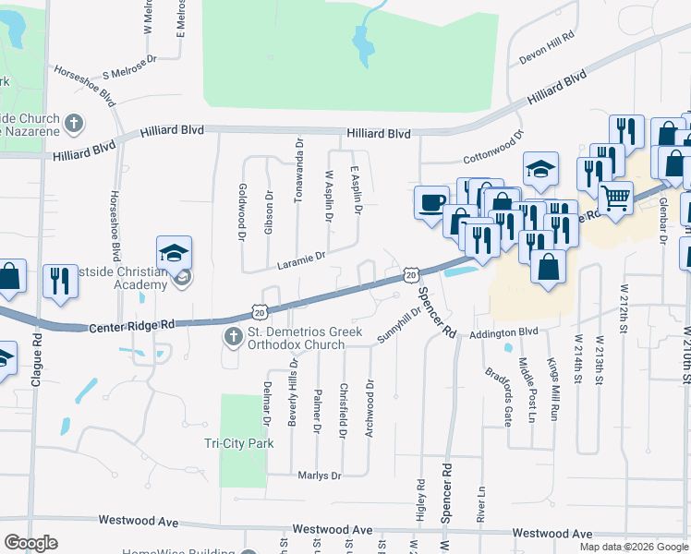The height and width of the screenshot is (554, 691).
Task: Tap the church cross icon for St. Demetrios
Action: pos(235,338)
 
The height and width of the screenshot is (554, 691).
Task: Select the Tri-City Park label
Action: pos(239,443)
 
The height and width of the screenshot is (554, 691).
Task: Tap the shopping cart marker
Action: pos(614,196)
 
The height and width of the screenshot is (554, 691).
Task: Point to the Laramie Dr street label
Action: pos(302,261)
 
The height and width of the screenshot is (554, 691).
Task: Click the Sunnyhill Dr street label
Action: pos(398,326)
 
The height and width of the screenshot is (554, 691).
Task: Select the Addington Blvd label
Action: pos(503,332)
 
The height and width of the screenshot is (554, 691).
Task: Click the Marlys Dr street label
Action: pos(319,476)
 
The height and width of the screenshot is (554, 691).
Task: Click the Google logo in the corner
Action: pos(31,542)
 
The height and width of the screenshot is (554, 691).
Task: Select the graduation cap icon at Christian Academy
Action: pos(173,252)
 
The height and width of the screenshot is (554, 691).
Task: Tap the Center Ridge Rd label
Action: pos(133,326)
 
